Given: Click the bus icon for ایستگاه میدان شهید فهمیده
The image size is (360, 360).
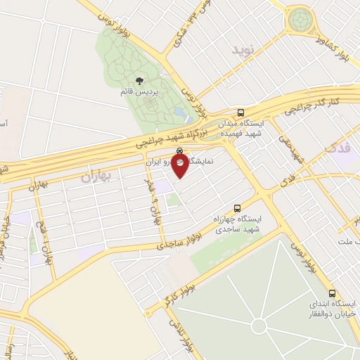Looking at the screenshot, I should [241, 112].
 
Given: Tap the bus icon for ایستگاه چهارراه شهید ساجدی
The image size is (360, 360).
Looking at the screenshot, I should [237, 208].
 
